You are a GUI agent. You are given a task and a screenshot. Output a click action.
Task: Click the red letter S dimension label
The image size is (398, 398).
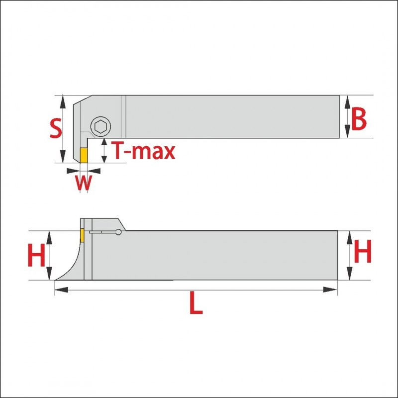click(56, 128)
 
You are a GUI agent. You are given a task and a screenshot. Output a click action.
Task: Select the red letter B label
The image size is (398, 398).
click(359, 118)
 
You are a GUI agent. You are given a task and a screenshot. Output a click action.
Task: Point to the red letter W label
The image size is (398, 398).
click(83, 182)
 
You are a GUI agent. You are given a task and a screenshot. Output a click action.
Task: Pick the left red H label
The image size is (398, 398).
click(36, 255)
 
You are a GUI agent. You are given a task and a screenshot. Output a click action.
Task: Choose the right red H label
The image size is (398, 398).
click(363, 251)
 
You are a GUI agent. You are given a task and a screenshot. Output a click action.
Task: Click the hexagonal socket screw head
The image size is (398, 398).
click(101, 126)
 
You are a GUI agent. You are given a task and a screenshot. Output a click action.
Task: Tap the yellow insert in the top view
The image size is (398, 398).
click(84, 155)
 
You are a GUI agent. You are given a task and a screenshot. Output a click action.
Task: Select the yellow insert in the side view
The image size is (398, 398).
click(82, 235)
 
